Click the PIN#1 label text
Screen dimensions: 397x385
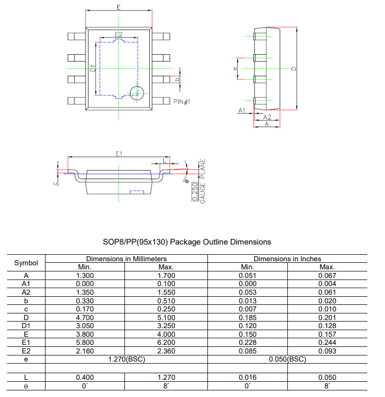(x=182, y=102)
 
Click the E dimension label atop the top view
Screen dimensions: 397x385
(x=118, y=7)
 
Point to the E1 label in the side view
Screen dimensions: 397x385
(x=119, y=152)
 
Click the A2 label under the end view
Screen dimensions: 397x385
(x=267, y=117)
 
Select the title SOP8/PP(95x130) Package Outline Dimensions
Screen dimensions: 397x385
(x=187, y=242)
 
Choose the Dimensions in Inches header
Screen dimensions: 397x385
(x=287, y=259)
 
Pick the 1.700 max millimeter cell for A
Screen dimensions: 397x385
(x=166, y=275)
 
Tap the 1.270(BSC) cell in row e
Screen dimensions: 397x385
(x=126, y=359)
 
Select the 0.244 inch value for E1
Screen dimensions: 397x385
(x=327, y=342)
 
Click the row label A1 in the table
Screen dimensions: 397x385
(x=26, y=284)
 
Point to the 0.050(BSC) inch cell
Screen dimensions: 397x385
(x=287, y=359)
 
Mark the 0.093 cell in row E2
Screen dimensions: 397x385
(x=327, y=351)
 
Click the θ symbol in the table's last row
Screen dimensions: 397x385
(x=26, y=386)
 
